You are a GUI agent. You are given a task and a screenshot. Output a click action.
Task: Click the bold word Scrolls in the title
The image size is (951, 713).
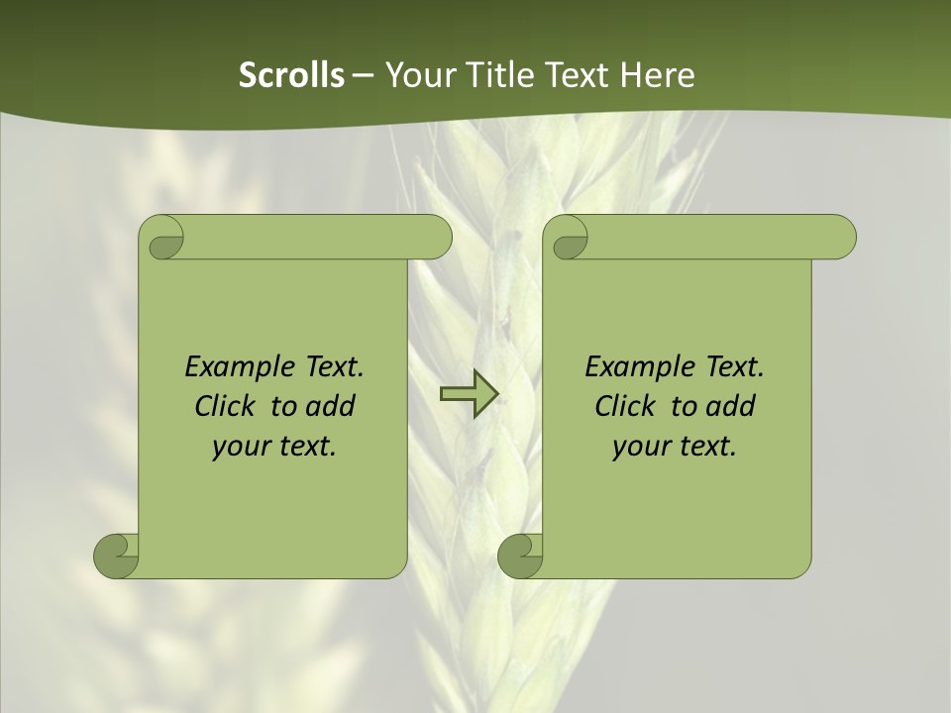point(292,75)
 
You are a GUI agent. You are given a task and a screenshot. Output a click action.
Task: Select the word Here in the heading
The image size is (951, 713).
point(658,75)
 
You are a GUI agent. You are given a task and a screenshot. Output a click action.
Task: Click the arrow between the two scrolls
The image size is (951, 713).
point(469,395)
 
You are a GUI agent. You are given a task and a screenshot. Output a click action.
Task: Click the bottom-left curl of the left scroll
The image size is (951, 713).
point(116,556)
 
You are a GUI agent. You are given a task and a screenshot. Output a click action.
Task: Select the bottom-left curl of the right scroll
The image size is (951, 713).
point(520,556)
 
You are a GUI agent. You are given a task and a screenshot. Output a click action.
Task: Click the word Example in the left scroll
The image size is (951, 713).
point(234,367)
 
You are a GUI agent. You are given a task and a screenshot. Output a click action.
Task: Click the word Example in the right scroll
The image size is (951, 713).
point(634,367)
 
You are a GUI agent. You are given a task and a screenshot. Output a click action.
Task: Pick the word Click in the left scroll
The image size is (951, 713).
point(224,406)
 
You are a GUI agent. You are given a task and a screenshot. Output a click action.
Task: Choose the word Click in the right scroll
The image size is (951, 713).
point(624,406)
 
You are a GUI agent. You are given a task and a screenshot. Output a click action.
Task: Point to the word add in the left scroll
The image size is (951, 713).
point(332,406)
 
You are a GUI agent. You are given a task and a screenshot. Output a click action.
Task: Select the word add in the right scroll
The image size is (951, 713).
point(732,406)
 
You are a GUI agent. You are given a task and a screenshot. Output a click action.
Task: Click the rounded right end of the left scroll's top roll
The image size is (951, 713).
point(436,238)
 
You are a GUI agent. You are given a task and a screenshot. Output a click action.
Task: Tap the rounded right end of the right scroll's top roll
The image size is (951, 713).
point(840,238)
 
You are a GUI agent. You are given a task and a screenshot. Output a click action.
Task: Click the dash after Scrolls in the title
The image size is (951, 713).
point(363,76)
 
